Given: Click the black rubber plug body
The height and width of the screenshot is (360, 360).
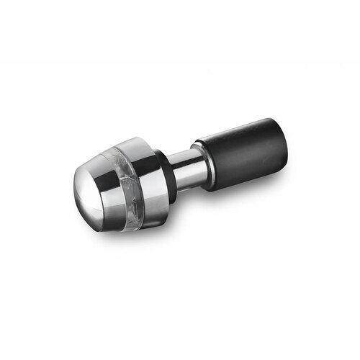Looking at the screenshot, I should coord(241,150).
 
